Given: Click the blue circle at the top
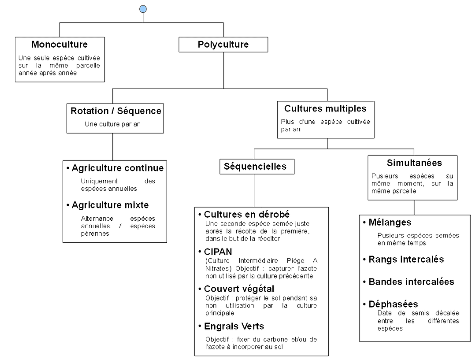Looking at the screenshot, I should tap(142, 9).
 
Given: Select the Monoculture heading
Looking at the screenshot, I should tap(59, 45).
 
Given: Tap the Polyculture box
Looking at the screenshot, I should tap(223, 45).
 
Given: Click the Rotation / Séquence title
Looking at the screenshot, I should tap(115, 111).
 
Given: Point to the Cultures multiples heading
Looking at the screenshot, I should tap(325, 108).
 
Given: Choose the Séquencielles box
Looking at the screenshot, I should tap(255, 167).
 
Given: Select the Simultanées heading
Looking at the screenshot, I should tap(414, 163).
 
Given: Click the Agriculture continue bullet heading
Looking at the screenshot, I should tap(117, 168).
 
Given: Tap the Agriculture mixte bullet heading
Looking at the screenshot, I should tap(110, 205).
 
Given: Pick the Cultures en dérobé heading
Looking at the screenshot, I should tap(246, 215).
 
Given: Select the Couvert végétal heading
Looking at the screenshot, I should tap(239, 289).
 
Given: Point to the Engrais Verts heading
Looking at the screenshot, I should tap(234, 326).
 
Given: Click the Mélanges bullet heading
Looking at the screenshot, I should tap(390, 223).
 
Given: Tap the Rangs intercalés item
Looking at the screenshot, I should tap(406, 259).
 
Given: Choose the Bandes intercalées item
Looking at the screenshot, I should tap(411, 282).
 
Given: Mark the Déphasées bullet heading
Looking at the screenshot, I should tap(393, 304).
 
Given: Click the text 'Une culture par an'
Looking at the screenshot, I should tap(113, 124).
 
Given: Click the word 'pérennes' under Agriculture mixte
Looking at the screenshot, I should tap(95, 234).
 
